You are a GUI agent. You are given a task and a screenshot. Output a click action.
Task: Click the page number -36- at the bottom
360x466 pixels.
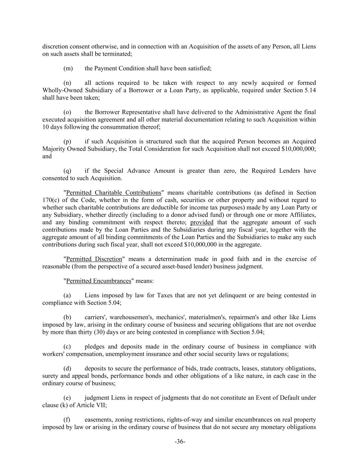tap(180, 442)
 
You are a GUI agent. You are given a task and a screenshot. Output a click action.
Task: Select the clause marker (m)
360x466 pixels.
tap(68, 68)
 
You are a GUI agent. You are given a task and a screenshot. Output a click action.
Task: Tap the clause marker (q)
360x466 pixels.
tap(67, 171)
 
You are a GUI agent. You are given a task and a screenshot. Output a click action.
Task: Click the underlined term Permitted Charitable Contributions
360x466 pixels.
tap(113, 193)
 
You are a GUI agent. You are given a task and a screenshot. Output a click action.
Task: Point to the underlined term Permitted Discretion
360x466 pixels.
tap(94, 259)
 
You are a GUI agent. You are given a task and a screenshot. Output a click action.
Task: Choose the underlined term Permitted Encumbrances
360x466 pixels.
tap(99, 281)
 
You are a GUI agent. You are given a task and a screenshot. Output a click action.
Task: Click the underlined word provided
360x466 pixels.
tap(202, 222)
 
